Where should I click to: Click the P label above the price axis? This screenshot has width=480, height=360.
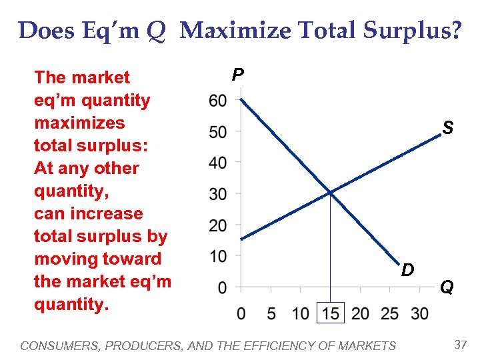click(x=238, y=75)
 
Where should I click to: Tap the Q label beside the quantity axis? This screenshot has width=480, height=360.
click(x=447, y=287)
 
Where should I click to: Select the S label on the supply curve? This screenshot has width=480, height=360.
click(x=448, y=127)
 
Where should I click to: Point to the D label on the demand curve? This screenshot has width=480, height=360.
click(x=408, y=270)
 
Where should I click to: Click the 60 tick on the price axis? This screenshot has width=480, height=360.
click(x=217, y=101)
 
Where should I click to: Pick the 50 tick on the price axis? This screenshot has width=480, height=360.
click(x=217, y=132)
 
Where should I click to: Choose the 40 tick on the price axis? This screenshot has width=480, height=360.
click(x=217, y=163)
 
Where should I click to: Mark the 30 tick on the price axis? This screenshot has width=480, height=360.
click(x=217, y=194)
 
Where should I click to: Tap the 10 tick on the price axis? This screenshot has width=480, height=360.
click(x=217, y=256)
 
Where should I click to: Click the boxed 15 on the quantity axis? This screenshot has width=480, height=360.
click(x=331, y=313)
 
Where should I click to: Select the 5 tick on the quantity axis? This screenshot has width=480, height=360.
click(x=271, y=313)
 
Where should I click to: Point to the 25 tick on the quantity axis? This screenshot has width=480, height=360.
click(x=390, y=313)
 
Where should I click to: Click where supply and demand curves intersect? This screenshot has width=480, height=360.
click(x=330, y=193)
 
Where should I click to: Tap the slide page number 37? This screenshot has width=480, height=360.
click(x=460, y=345)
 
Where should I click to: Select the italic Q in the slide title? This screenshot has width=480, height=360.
click(x=156, y=31)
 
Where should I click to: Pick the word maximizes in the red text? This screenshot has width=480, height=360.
click(x=79, y=123)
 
